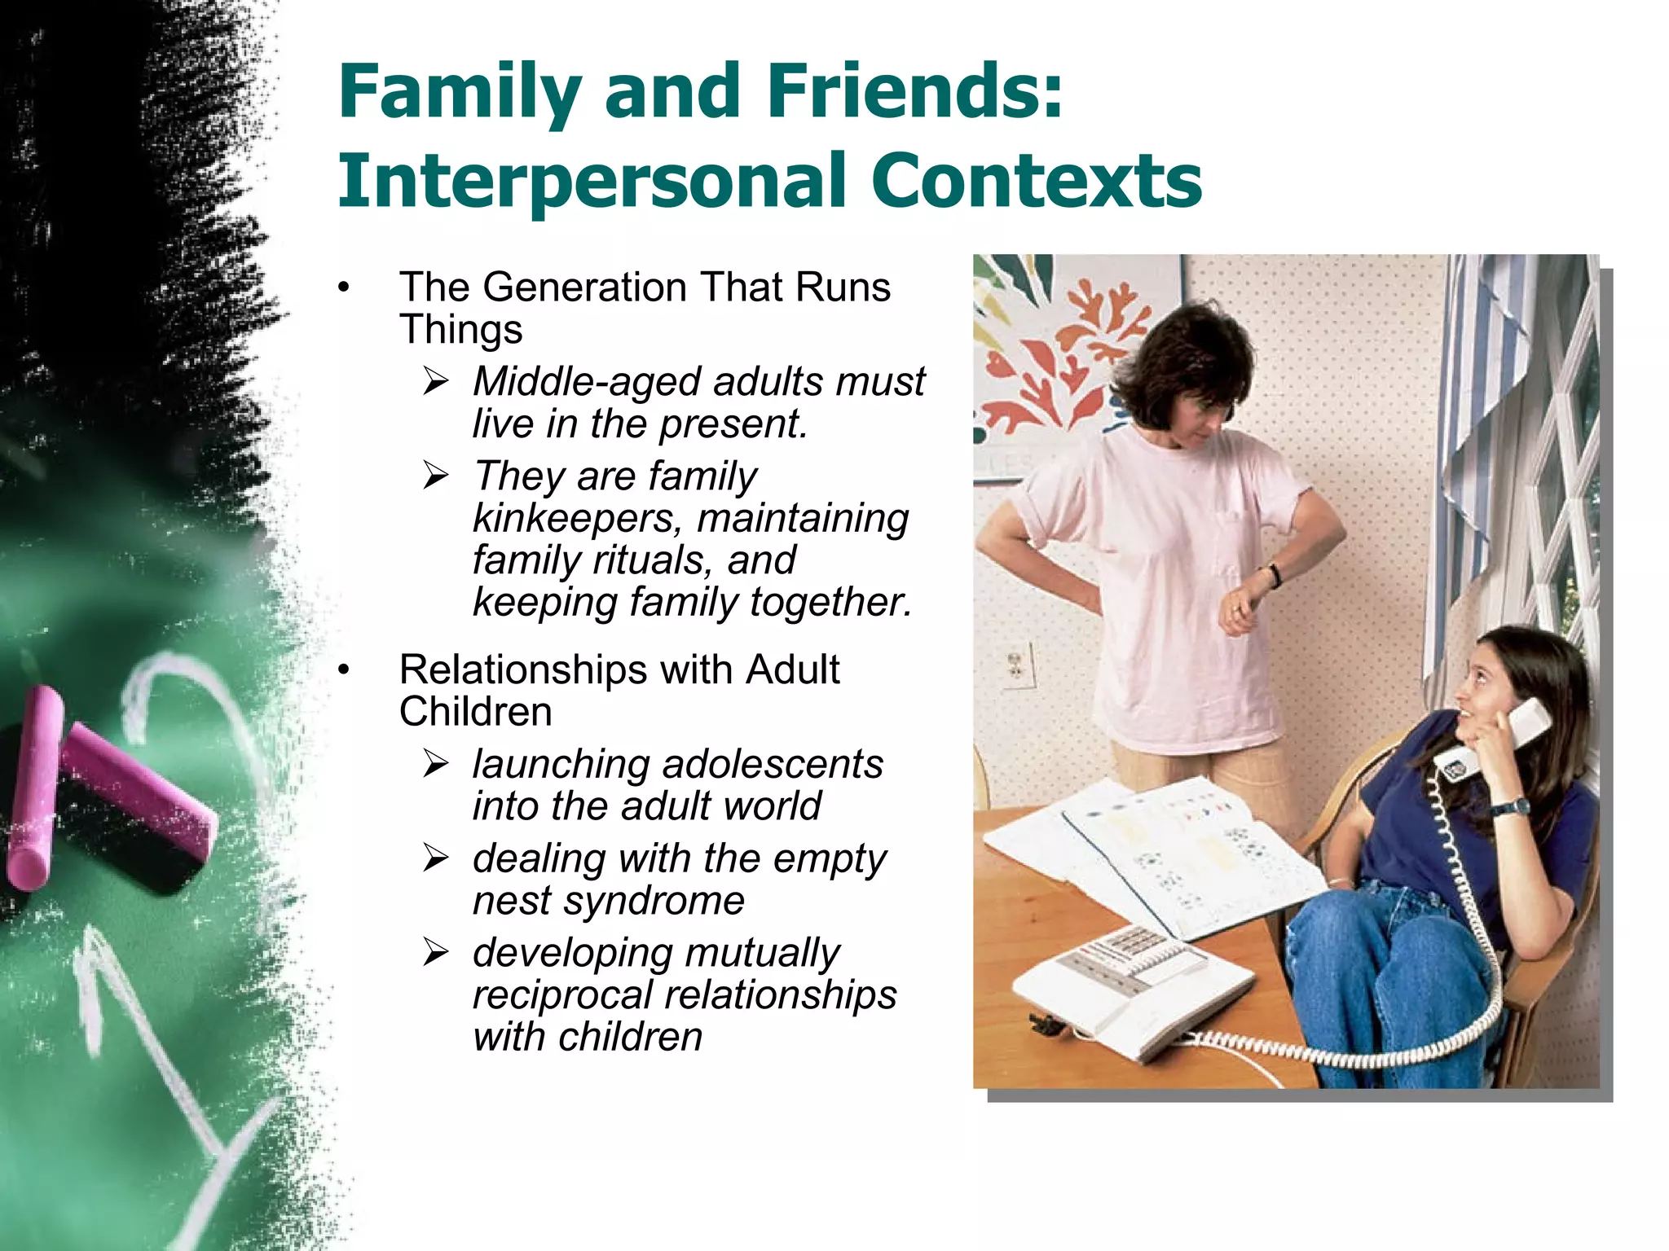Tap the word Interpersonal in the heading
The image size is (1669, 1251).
pyautogui.click(x=592, y=181)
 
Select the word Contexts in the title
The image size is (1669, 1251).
pyautogui.click(x=1036, y=181)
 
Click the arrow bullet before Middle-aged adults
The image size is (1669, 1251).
pyautogui.click(x=436, y=381)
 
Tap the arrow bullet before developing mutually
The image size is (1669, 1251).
pyautogui.click(x=436, y=952)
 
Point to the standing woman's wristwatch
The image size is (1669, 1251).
pyautogui.click(x=1274, y=576)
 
